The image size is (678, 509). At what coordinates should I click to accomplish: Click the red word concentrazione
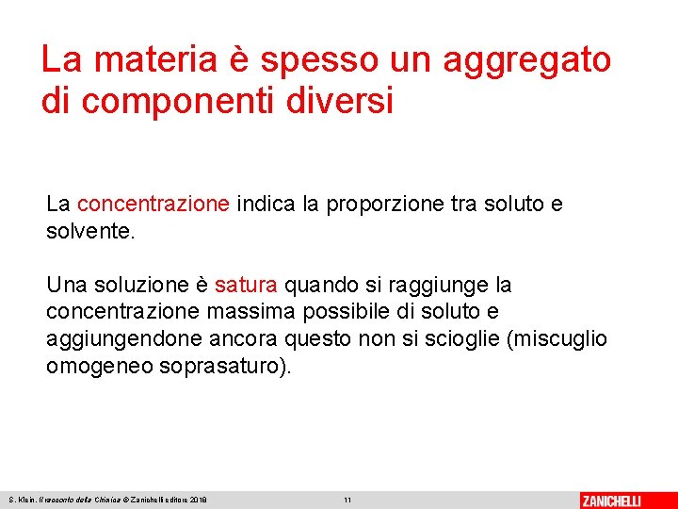pos(153,205)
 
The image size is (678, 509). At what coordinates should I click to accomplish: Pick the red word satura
pos(246,285)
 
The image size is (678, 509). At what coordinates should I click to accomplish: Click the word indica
pos(266,205)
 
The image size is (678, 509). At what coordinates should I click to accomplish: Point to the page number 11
pos(347,500)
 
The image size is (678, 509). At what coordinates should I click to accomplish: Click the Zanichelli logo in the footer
pos(611,500)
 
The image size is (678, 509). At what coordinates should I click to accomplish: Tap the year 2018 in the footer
pos(198,500)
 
